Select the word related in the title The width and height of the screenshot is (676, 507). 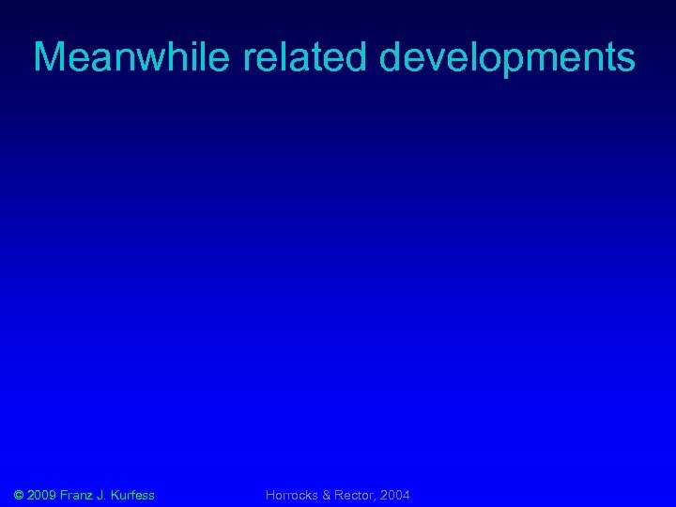click(x=307, y=58)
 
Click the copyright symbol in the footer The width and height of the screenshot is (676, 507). click(x=21, y=495)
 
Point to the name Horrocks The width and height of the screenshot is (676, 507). click(x=292, y=495)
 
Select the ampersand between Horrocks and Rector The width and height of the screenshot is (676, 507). click(x=327, y=495)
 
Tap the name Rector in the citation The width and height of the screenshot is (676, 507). click(x=355, y=495)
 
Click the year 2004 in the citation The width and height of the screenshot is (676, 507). click(x=395, y=495)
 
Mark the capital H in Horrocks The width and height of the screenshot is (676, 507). click(x=270, y=495)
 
